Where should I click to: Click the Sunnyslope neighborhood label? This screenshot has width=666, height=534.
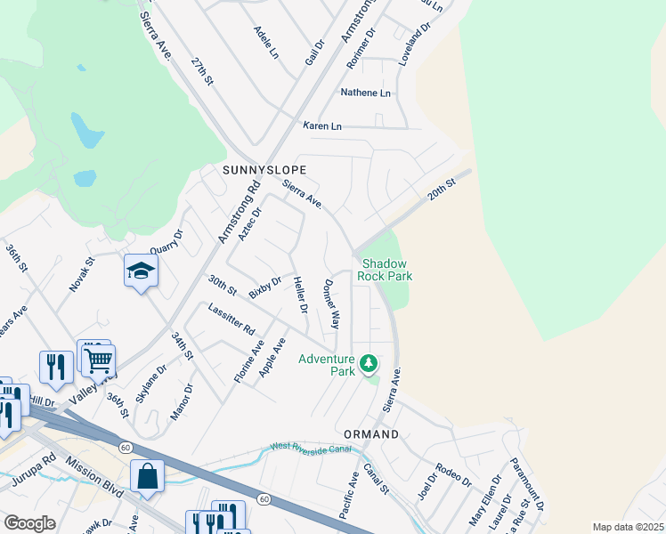pyautogui.click(x=264, y=170)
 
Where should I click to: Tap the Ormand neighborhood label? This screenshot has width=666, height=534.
pyautogui.click(x=371, y=434)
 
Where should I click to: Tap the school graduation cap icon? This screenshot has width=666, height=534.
pyautogui.click(x=141, y=271)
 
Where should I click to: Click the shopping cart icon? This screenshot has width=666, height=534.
pyautogui.click(x=98, y=360)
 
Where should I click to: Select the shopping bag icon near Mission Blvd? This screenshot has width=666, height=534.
pyautogui.click(x=147, y=477)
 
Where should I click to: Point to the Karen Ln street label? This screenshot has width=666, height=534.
pyautogui.click(x=321, y=126)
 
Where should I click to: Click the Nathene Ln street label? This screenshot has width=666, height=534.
pyautogui.click(x=365, y=93)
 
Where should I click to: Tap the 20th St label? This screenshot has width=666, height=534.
pyautogui.click(x=442, y=190)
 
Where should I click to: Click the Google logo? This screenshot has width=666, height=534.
pyautogui.click(x=29, y=523)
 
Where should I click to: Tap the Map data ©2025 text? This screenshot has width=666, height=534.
pyautogui.click(x=628, y=527)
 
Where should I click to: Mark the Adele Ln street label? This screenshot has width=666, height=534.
pyautogui.click(x=266, y=42)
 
